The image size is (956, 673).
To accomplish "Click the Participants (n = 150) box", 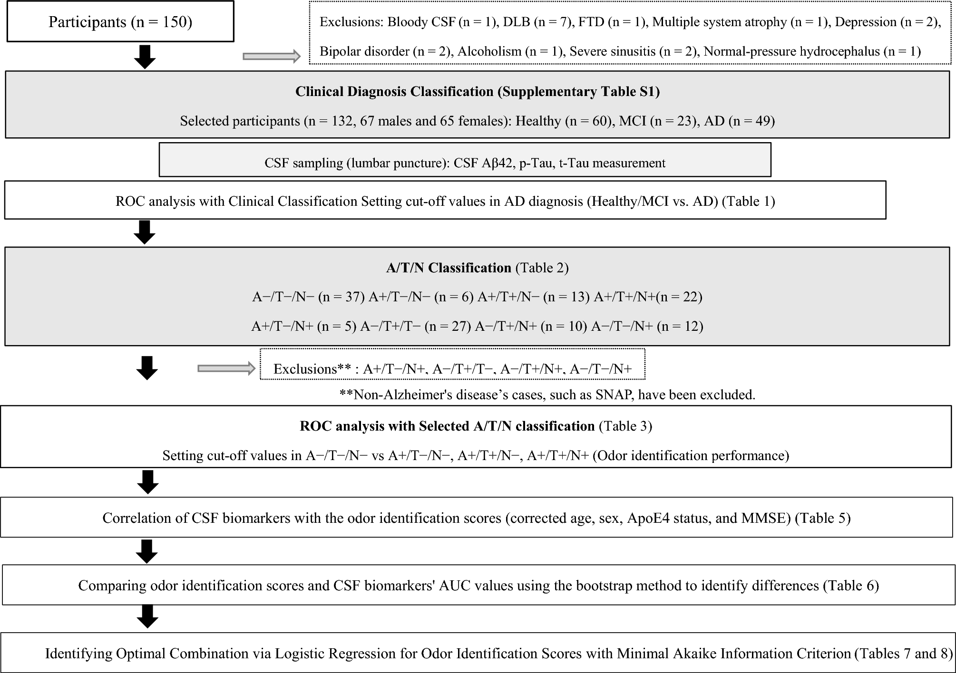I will pos(120,22).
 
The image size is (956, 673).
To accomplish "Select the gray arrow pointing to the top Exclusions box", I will pos(272,57).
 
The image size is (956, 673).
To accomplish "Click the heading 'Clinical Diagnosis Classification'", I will pos(394,91).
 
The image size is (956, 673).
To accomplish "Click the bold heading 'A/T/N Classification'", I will pos(449,268).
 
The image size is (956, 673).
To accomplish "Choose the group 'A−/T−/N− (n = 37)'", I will pos(308,297).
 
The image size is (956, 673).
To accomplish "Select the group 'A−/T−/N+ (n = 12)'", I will pos(647,326).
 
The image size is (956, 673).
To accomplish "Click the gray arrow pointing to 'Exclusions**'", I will pos(226,368).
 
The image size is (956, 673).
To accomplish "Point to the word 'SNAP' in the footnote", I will pos(614,394).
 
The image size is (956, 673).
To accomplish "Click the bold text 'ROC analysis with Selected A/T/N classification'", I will pos(447,426).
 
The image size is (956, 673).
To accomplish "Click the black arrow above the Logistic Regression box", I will pos(147,616).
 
